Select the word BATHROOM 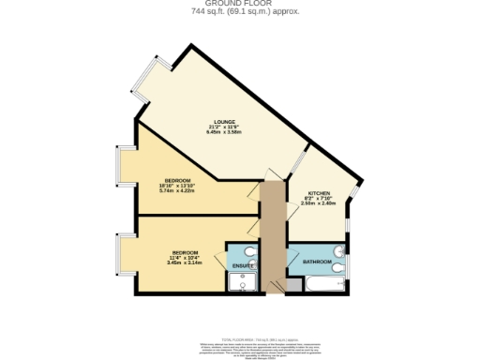(316, 262)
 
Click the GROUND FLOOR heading (239, 4)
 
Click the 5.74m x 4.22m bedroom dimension (178, 190)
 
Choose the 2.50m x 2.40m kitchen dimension (320, 203)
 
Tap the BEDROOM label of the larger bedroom (178, 180)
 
